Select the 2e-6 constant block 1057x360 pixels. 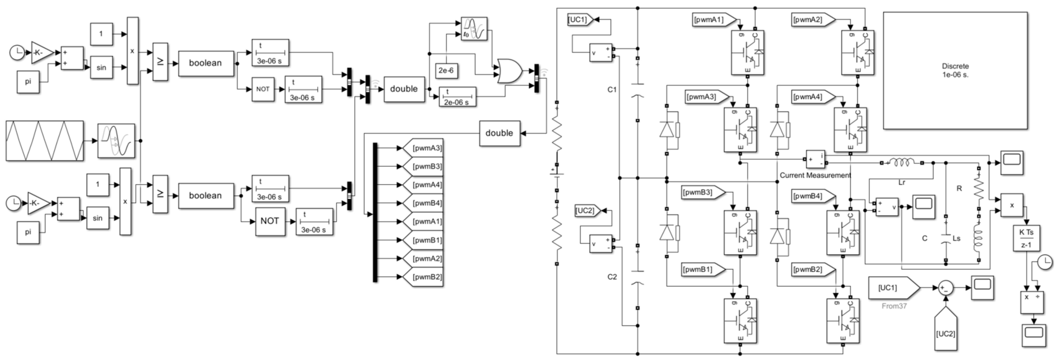[x=446, y=71]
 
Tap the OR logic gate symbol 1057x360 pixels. [x=509, y=71]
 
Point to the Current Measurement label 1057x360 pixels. [x=815, y=175]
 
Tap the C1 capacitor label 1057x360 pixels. [x=612, y=89]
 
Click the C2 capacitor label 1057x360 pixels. [x=612, y=277]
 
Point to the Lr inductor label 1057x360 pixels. [x=902, y=182]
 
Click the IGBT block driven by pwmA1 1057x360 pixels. [x=747, y=53]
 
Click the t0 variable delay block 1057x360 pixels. [x=474, y=29]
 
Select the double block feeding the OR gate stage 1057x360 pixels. [x=404, y=89]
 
